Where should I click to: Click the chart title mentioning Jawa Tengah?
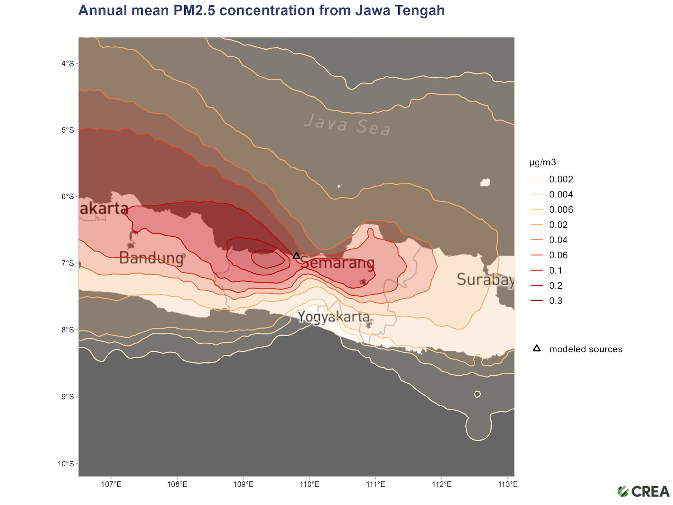261,10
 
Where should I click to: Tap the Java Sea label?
347,125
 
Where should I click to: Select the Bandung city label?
151,258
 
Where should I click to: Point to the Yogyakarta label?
334,316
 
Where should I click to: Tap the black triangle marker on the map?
297,256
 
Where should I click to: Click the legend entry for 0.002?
561,179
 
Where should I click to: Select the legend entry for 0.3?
555,300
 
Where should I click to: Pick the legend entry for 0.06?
558,255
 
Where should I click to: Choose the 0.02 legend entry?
558,225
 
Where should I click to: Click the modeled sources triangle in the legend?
537,348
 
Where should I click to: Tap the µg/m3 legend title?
543,162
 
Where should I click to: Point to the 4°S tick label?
67,64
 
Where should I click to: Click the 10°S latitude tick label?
66,464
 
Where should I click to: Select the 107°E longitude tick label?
111,484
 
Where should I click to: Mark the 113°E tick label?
508,484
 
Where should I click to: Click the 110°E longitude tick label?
310,484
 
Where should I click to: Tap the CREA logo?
643,491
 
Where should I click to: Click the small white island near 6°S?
485,182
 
